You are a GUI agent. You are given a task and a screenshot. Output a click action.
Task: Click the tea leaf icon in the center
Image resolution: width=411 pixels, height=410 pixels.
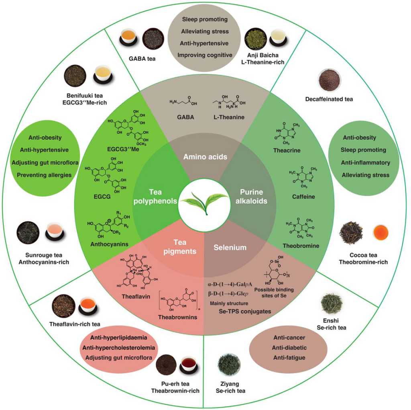(x=204, y=203)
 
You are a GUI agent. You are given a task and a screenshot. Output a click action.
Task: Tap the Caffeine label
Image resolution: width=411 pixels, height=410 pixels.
(x=303, y=197)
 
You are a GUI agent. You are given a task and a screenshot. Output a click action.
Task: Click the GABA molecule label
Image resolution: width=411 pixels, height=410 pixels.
(x=185, y=117)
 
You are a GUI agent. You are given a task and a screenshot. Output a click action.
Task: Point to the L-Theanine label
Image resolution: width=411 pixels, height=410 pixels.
(x=229, y=117)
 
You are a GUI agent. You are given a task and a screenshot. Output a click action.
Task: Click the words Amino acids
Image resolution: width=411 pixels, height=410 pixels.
(x=205, y=157)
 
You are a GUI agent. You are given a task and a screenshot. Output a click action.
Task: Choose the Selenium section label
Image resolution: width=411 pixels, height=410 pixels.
(x=230, y=247)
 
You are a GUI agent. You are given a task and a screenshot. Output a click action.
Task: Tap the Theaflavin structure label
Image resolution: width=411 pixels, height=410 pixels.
(x=136, y=297)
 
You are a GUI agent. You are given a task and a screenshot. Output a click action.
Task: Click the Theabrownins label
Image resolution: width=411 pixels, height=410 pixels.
(x=178, y=317)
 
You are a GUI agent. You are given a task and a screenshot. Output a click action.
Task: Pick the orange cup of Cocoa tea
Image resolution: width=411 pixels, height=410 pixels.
(x=380, y=233)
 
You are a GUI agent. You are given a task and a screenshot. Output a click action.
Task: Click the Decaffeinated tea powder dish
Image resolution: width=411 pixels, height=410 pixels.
(x=329, y=80)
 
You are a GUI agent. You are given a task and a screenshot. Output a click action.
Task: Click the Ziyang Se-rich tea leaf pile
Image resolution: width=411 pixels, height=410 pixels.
(x=229, y=365)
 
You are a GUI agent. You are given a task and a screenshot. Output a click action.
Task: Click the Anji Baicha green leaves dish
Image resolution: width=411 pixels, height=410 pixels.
(x=255, y=39)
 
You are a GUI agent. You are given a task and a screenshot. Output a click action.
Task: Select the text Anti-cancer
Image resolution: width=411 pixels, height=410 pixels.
(x=289, y=338)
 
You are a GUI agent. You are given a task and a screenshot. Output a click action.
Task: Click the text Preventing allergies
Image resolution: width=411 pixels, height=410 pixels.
(x=44, y=175)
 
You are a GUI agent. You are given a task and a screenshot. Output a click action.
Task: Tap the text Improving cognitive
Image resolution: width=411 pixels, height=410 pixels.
(x=205, y=55)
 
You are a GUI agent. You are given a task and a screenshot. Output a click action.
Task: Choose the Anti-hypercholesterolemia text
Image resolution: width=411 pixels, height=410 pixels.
(x=119, y=348)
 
